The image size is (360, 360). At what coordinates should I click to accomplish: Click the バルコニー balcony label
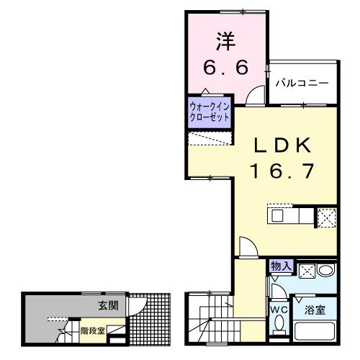(302, 84)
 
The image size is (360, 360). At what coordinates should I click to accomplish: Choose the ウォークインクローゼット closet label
(210, 111)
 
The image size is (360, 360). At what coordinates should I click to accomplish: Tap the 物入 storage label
(282, 266)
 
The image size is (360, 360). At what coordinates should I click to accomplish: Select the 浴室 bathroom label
(315, 311)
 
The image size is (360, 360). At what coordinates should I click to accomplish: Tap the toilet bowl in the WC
(279, 327)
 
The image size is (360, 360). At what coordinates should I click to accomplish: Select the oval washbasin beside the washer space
(325, 271)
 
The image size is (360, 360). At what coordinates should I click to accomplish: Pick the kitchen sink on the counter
(279, 215)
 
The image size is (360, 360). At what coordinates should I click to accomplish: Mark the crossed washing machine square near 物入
(305, 271)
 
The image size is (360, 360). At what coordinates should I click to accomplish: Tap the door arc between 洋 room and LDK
(253, 94)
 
